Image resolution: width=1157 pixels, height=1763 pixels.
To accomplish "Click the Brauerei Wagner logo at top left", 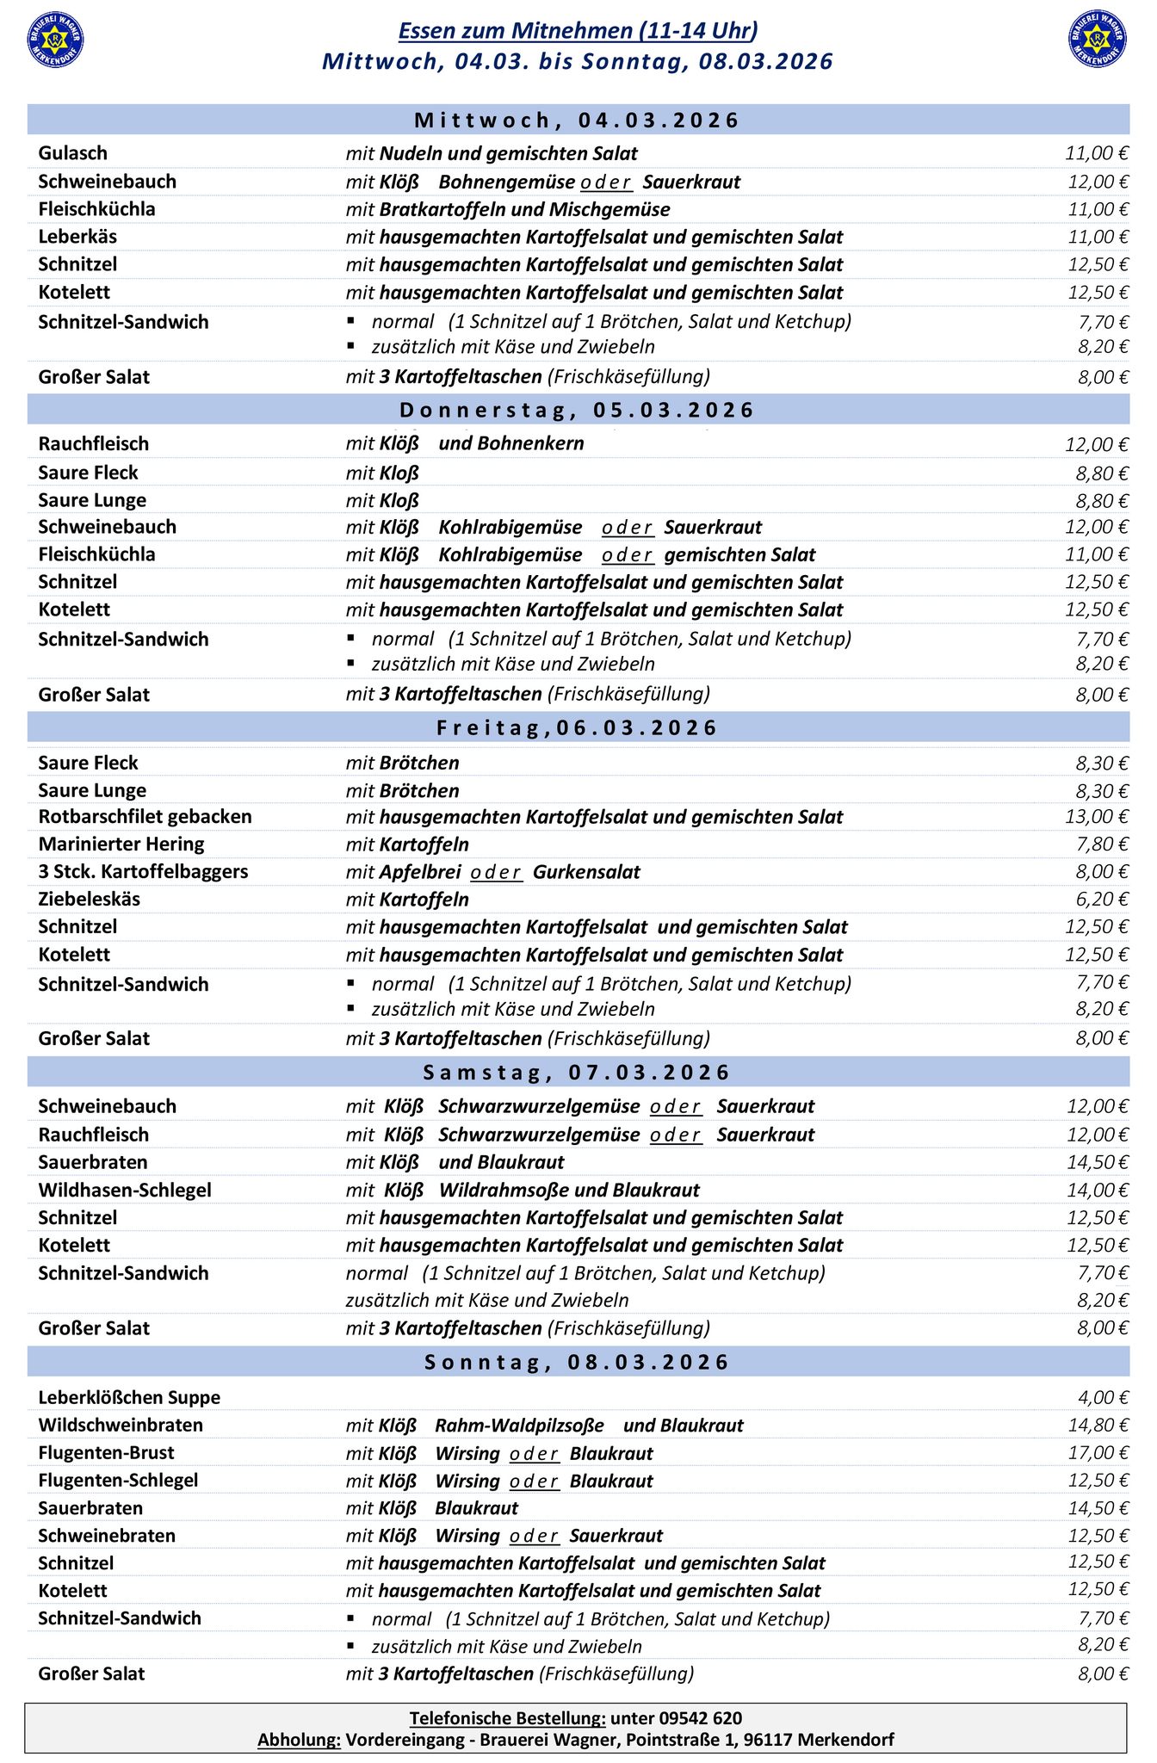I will point(56,40).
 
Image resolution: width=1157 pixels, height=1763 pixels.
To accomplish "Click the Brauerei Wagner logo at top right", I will point(1098,40).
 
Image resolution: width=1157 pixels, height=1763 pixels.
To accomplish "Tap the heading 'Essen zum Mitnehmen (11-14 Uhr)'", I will point(578,31).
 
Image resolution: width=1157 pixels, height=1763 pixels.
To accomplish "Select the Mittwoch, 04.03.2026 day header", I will point(578,120).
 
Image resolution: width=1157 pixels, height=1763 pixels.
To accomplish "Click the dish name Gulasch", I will point(73,153).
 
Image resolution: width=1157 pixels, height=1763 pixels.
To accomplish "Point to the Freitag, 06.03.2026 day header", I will point(578,727).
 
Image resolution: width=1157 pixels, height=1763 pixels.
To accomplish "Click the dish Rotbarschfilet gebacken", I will point(145,816).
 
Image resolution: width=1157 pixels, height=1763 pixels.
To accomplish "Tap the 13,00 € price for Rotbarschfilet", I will point(1097,816).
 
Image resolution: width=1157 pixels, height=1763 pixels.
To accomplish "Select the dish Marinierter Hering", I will point(121,844).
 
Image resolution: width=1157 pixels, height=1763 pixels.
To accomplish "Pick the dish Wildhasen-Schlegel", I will point(125,1190).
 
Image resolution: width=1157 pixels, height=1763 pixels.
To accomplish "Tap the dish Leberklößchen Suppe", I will point(129,1397).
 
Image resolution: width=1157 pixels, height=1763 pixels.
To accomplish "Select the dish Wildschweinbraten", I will point(121,1425).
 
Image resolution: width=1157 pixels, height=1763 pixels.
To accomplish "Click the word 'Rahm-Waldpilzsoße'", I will point(519,1426).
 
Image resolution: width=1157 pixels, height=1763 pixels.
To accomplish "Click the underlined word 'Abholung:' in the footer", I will point(299,1740).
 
